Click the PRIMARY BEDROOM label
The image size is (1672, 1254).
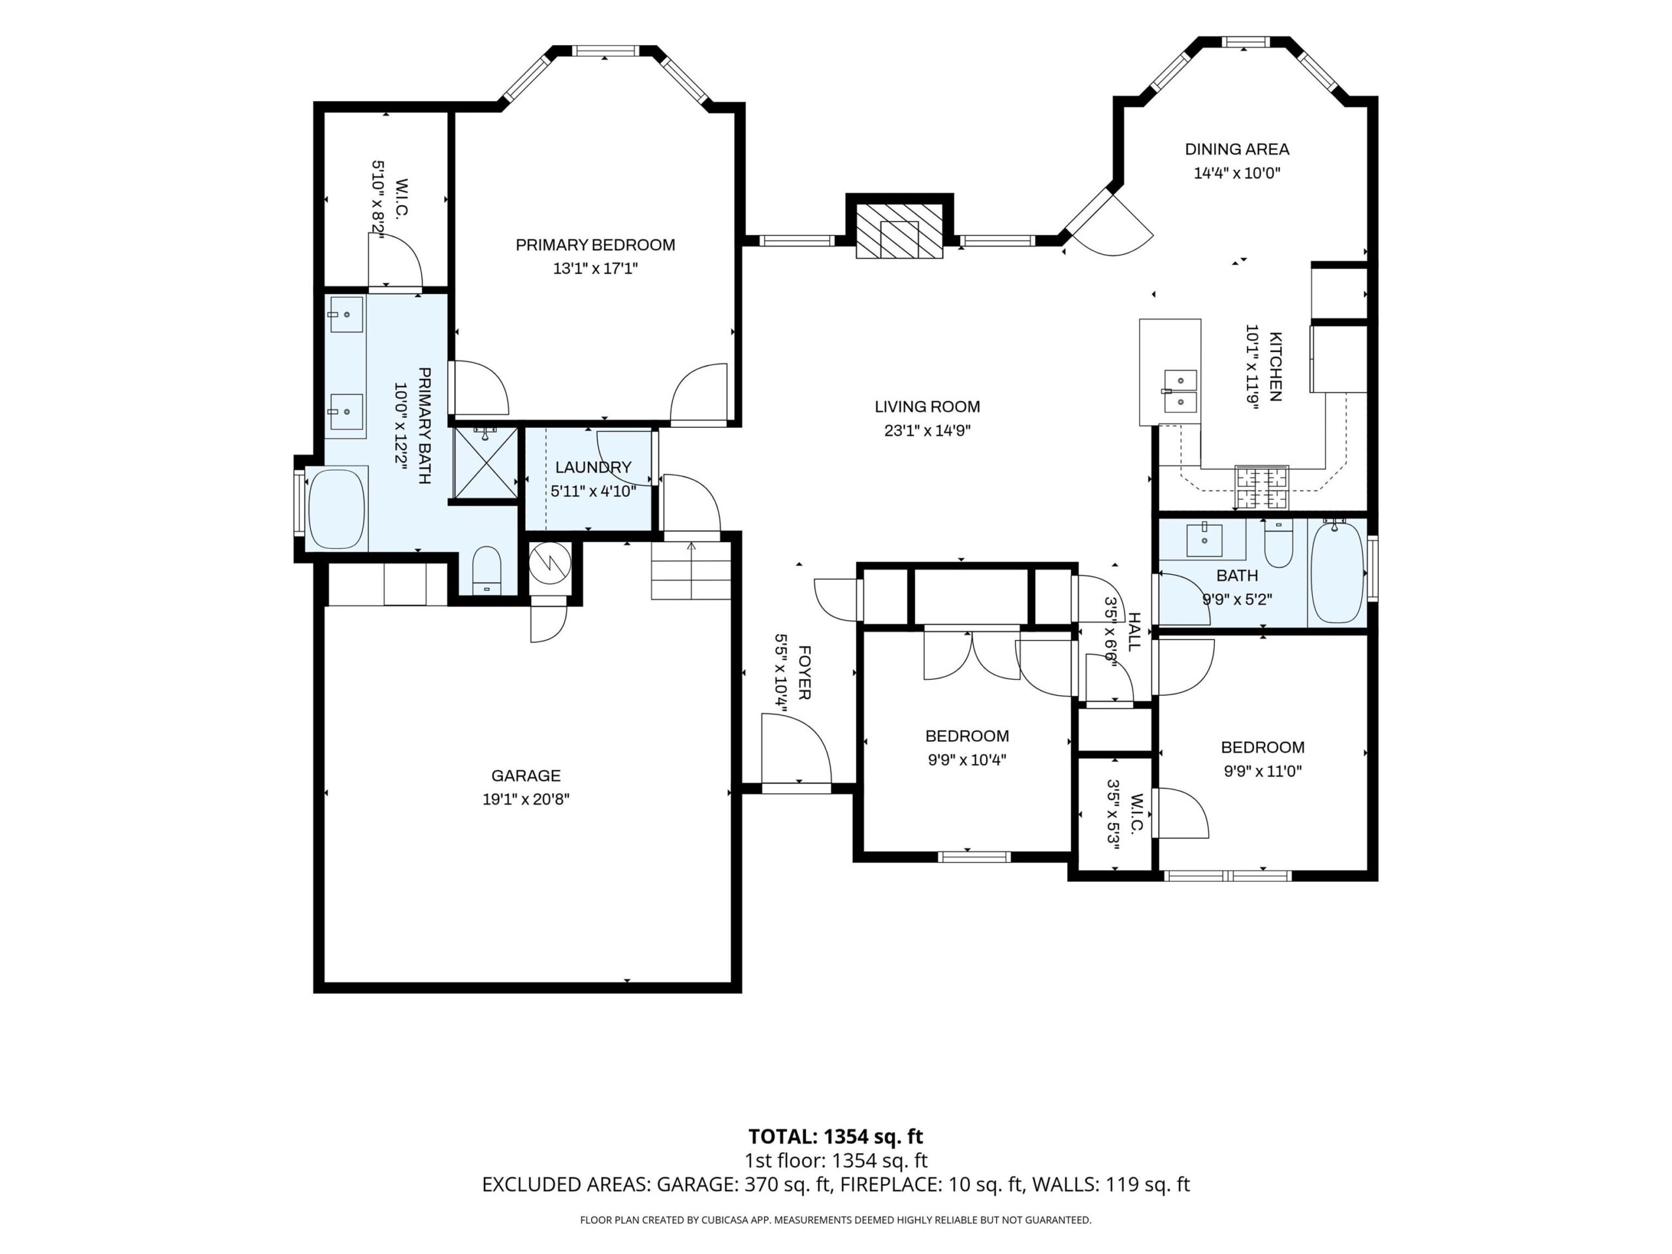(x=595, y=245)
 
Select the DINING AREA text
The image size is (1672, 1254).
(x=1236, y=150)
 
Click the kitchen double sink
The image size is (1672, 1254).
(x=1180, y=391)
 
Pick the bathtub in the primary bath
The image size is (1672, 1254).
(x=337, y=508)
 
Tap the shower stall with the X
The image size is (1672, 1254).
(x=485, y=463)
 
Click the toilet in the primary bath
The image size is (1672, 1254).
(x=487, y=571)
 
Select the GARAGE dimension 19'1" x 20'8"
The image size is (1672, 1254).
(x=526, y=799)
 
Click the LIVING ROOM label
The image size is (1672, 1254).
(x=927, y=407)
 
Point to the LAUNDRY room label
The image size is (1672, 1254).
(x=593, y=467)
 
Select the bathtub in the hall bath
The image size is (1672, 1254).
(x=1337, y=572)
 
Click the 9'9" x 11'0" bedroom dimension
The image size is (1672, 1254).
(x=1263, y=771)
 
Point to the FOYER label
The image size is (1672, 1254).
(x=804, y=672)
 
